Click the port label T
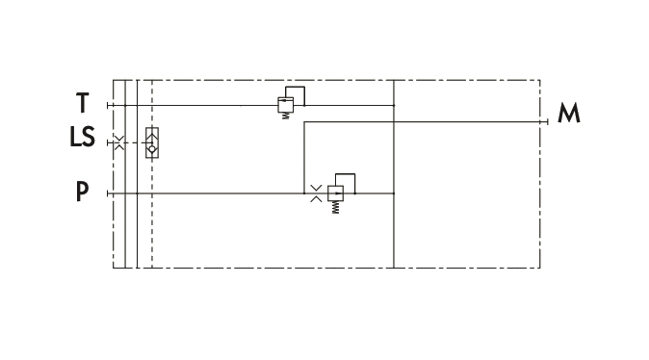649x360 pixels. (x=83, y=103)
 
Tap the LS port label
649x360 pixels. (x=83, y=137)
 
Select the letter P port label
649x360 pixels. (x=83, y=192)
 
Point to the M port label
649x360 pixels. (x=569, y=113)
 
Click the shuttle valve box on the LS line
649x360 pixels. (x=152, y=142)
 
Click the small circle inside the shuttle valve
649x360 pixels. (x=152, y=149)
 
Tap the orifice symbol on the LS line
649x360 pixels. (x=118, y=142)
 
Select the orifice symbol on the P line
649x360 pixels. (x=316, y=193)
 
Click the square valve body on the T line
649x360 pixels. (x=286, y=105)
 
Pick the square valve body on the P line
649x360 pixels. (x=335, y=193)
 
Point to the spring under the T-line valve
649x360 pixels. (x=285, y=116)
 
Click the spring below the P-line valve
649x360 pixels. (x=335, y=207)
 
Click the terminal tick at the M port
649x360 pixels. (x=548, y=121)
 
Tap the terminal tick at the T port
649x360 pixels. (x=108, y=106)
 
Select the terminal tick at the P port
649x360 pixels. (x=108, y=193)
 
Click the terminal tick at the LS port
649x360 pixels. (x=108, y=142)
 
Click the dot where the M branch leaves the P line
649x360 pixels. (x=304, y=193)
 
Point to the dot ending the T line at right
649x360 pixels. (x=394, y=106)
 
